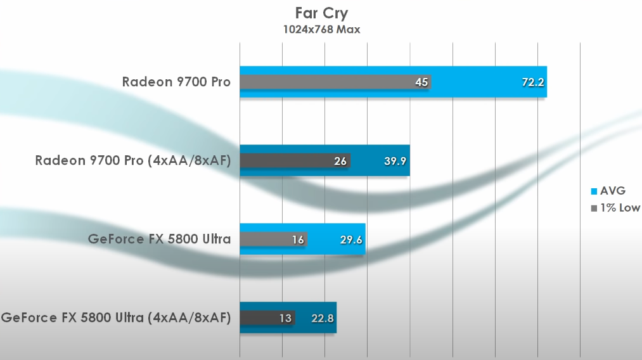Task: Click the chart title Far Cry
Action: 321,13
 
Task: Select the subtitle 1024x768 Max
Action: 321,30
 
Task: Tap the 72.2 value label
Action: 533,82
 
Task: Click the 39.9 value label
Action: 396,161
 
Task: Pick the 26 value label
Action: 340,161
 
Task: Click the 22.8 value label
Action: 323,318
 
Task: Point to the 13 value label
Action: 286,318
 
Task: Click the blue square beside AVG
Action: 594,191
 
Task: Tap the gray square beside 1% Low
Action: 594,208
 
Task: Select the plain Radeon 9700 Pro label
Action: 176,82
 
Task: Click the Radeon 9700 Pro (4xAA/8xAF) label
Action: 133,160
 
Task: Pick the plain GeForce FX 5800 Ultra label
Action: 159,239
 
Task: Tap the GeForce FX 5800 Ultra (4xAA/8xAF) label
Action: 116,318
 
